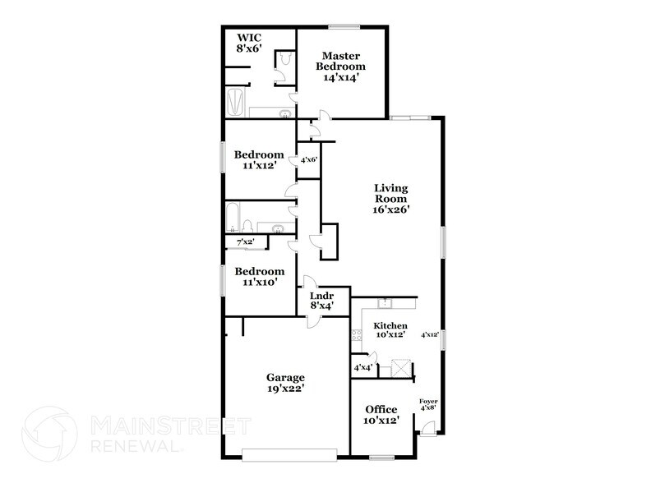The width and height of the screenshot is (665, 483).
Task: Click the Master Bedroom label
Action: click(x=342, y=67)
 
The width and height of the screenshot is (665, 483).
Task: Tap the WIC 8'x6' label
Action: click(x=250, y=43)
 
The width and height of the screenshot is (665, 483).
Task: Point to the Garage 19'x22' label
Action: click(x=284, y=384)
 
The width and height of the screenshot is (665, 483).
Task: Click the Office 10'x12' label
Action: click(x=381, y=415)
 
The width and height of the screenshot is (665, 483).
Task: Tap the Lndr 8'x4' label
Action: click(x=321, y=300)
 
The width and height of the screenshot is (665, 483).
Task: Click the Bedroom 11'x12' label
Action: click(x=259, y=159)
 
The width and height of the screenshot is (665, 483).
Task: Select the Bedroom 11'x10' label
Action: click(x=259, y=276)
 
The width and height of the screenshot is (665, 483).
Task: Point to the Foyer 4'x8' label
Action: click(x=428, y=405)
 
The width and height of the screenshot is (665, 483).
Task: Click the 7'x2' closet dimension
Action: click(x=245, y=242)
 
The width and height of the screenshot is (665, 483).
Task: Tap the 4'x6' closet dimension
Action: click(x=309, y=160)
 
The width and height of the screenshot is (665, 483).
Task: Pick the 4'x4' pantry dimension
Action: click(x=363, y=367)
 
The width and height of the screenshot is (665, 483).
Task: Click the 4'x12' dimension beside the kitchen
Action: click(x=430, y=334)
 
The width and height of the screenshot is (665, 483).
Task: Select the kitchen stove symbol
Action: click(x=357, y=334)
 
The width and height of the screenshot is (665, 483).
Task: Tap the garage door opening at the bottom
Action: click(x=290, y=452)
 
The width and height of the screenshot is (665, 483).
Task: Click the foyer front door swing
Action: click(x=428, y=428)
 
